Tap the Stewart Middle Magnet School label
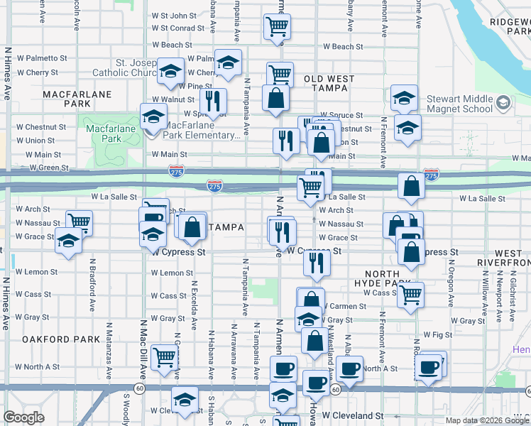(460, 104)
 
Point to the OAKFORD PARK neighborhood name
(60, 339)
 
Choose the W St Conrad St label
(178, 28)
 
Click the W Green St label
(49, 168)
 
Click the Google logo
(23, 417)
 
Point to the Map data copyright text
(486, 420)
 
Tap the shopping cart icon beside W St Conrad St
(277, 27)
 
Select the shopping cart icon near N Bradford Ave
(79, 222)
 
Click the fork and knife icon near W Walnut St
(212, 100)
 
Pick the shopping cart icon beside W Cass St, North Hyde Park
(411, 294)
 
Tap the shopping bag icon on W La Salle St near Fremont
(412, 186)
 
